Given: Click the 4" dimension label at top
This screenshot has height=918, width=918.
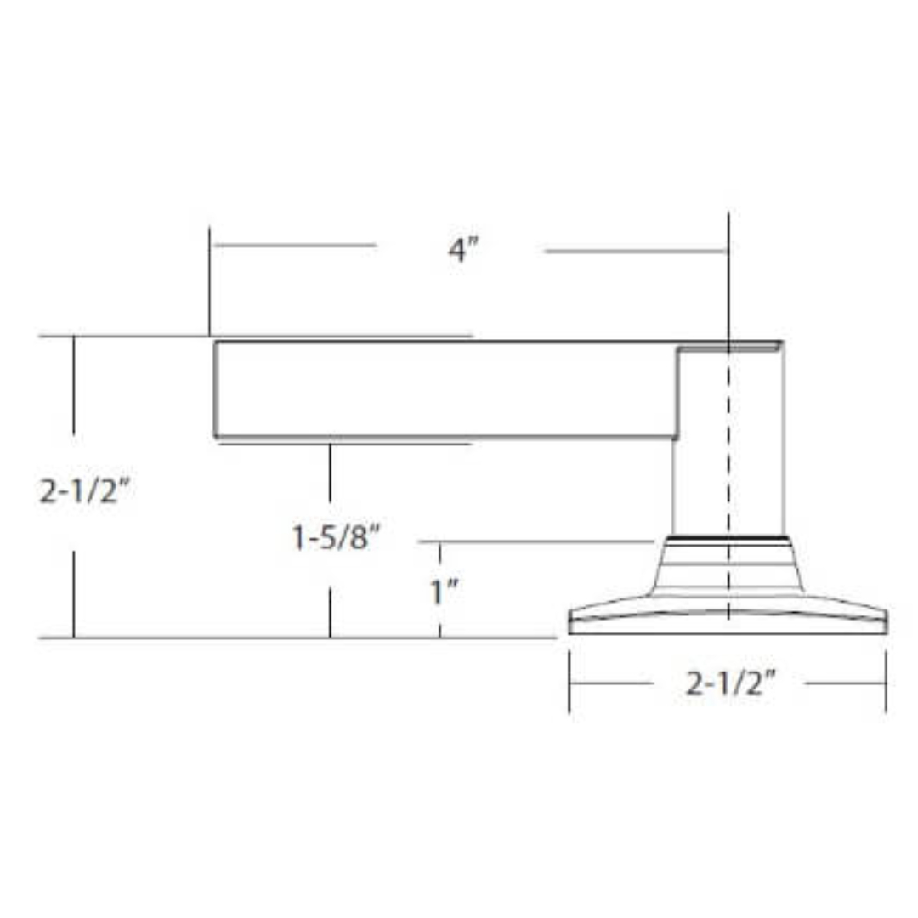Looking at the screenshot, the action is tap(463, 250).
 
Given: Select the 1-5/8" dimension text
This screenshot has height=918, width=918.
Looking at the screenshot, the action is tap(336, 536).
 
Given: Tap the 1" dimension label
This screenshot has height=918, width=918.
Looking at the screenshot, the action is tap(444, 592).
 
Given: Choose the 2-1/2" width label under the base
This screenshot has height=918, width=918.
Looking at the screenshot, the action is tap(729, 683).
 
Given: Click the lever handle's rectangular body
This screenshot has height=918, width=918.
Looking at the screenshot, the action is tap(445, 389).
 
